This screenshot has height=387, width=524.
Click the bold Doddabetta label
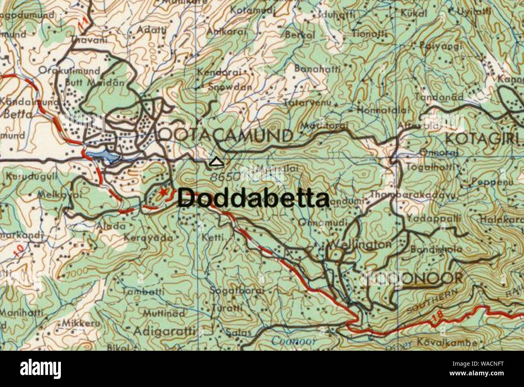click(x=253, y=198)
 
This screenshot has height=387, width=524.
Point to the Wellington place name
click(x=360, y=244)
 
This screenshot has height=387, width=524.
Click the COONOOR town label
click(x=415, y=278)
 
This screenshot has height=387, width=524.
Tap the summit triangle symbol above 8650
click(x=216, y=162)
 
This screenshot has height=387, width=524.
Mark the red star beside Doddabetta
click(x=164, y=192)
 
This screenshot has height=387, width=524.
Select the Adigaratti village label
click(x=164, y=332)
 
